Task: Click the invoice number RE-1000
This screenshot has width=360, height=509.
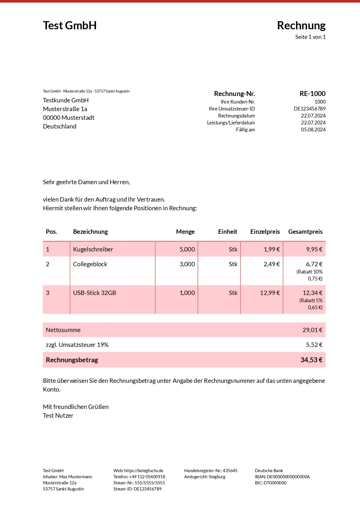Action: point(312,94)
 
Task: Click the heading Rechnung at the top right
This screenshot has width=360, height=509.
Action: point(301,26)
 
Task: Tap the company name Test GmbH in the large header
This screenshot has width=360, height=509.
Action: point(70,26)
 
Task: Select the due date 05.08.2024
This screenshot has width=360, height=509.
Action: point(313,130)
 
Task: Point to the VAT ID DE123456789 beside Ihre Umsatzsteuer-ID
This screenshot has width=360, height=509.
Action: point(310,109)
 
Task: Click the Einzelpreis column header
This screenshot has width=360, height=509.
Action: point(265,232)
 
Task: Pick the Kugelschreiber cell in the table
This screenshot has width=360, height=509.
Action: point(93,249)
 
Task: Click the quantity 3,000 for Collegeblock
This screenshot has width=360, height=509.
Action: point(187,264)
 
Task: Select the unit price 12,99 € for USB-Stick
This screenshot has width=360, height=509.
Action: point(270,293)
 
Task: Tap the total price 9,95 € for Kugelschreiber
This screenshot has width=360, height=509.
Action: point(314,249)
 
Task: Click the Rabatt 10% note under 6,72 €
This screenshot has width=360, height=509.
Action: point(310,272)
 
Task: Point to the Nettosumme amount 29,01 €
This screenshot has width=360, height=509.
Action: point(312,330)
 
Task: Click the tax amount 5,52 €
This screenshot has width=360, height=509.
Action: point(314,345)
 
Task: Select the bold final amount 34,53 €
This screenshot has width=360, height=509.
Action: point(311,360)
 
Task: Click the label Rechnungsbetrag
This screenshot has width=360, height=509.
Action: point(72,360)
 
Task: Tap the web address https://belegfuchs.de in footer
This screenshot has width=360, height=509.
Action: point(144,471)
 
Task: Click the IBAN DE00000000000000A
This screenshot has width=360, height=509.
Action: point(288,477)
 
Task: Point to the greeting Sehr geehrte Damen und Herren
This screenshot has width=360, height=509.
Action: point(86,182)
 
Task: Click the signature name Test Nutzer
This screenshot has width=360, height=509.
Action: point(58,416)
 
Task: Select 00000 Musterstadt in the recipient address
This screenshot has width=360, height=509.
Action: point(69,118)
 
